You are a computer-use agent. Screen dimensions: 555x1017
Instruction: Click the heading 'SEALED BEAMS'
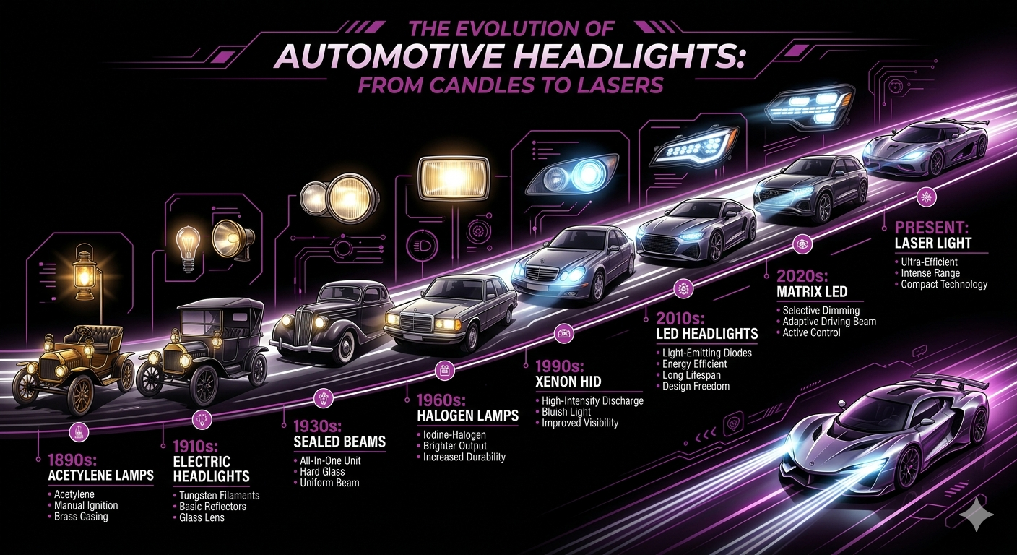pyautogui.click(x=339, y=442)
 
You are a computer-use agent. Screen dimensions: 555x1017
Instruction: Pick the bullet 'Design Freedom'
pyautogui.click(x=696, y=386)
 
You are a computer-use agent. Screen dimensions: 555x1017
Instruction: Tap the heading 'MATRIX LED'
pyautogui.click(x=811, y=293)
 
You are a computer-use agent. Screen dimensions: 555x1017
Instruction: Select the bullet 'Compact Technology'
pyautogui.click(x=944, y=285)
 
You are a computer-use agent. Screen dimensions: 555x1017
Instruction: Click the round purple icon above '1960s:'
pyautogui.click(x=443, y=371)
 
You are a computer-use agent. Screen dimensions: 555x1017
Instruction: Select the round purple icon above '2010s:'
pyautogui.click(x=681, y=289)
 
